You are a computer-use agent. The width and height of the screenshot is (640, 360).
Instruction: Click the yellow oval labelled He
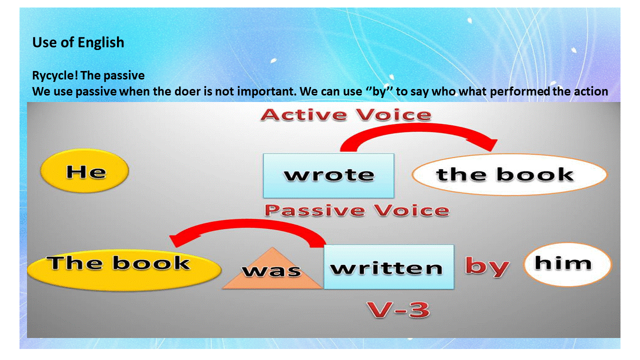click(x=84, y=171)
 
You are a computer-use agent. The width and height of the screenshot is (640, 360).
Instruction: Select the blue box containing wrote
click(x=328, y=175)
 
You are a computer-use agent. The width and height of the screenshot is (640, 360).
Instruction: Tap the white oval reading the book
click(x=509, y=174)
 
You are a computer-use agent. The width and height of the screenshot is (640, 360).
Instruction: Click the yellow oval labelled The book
click(x=124, y=269)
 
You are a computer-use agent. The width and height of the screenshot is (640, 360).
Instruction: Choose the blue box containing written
click(x=389, y=267)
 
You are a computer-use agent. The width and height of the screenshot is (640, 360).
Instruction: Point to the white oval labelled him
click(x=567, y=264)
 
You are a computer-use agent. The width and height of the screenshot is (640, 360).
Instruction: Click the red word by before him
click(x=487, y=266)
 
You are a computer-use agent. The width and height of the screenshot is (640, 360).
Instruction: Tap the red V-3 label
click(x=398, y=309)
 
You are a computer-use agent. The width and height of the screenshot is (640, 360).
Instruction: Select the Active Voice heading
click(x=346, y=115)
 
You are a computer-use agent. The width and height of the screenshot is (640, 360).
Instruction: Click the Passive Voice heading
click(x=357, y=210)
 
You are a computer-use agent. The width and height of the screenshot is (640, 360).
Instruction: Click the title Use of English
click(x=78, y=42)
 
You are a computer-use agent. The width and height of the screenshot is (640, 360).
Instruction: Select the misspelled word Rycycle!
click(x=55, y=75)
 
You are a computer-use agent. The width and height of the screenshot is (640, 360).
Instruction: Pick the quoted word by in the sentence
click(x=379, y=92)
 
